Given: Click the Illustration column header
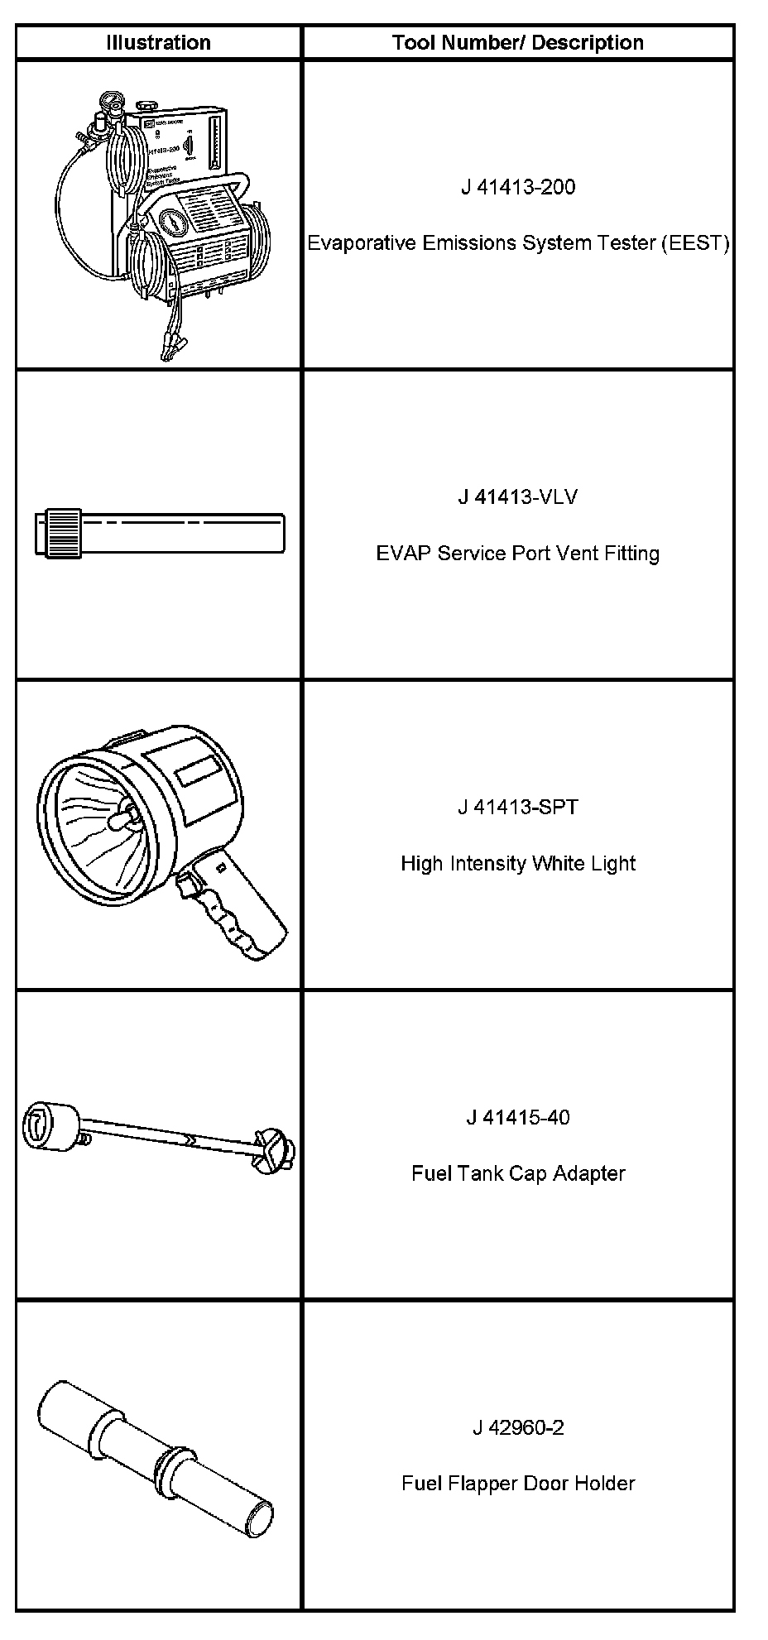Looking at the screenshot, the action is pos(158,43).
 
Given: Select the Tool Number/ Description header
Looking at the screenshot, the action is pos(517,43).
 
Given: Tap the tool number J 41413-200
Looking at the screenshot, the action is pos(518,187).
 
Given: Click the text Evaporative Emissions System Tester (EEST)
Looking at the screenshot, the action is pos(518,243).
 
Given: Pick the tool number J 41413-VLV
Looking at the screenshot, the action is pos(518,497).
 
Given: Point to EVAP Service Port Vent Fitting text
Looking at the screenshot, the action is pos(518,554).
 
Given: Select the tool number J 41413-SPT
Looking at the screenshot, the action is pos(518,808).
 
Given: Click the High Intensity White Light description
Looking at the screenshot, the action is pos(518,864).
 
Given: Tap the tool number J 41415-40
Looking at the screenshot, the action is pos(518,1118).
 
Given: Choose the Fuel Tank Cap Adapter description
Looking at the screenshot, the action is pos(518,1174).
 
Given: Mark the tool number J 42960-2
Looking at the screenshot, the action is pos(518,1428).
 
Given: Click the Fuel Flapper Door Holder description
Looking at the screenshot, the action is pos(518,1484).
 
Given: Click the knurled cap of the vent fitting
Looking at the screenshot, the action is pos(63,533).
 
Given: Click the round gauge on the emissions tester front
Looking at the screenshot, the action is pos(170,223).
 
